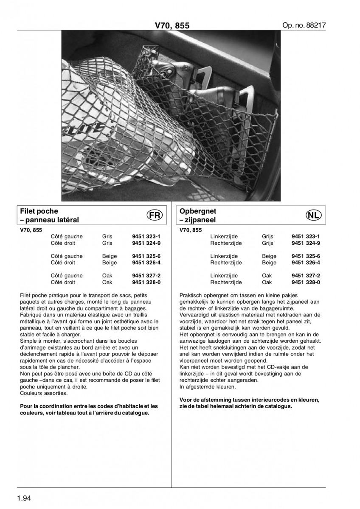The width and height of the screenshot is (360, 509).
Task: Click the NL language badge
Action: pos(313,215)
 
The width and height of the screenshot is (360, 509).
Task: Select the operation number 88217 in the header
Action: pos(304,25)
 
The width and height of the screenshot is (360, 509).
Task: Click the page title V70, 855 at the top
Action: pos(172,26)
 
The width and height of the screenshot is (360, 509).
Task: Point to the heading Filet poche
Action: pos(39,211)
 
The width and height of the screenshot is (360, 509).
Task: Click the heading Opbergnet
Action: pos(198,211)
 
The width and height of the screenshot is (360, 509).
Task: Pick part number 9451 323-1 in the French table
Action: pos(146,237)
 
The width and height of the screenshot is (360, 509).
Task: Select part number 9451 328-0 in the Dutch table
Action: pos(306,282)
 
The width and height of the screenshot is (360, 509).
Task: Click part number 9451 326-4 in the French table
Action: pos(146,263)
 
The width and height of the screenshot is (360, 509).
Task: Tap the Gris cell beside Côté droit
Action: pos(107,243)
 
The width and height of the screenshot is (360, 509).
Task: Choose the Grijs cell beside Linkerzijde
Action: pos(268,237)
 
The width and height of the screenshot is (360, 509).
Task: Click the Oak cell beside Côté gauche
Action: pos(107,276)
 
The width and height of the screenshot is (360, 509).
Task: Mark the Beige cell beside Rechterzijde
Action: pos(269,263)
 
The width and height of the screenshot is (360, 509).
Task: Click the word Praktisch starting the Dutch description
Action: pos(191,295)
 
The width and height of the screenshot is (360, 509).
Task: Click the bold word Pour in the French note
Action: pos(26,406)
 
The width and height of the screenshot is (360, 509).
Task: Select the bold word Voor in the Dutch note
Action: pos(186,400)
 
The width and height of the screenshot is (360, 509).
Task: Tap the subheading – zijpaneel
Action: pos(198,221)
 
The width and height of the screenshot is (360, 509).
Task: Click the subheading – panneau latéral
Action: pos(50,221)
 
